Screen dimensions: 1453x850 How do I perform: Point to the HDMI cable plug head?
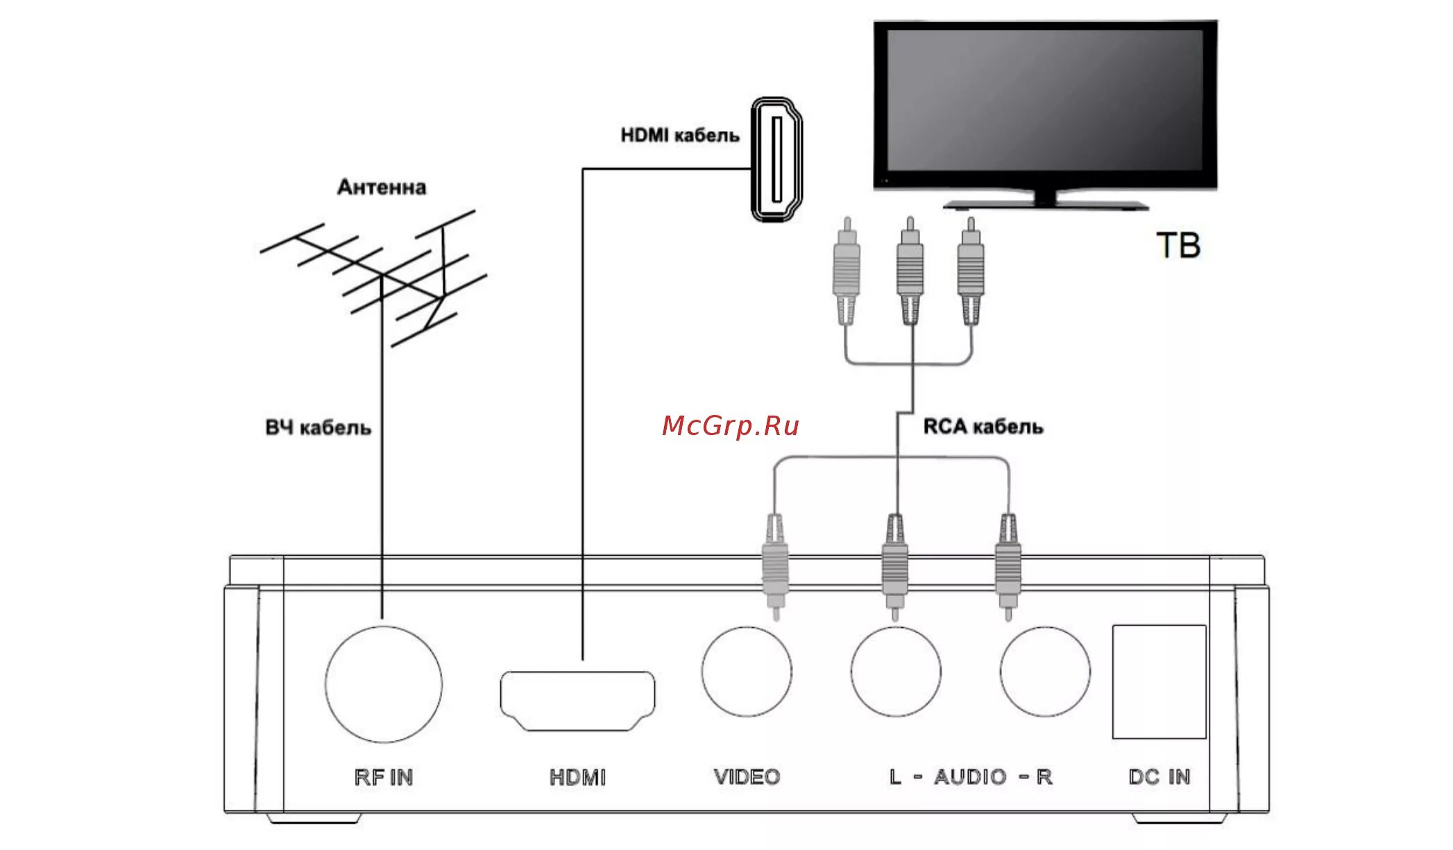[x=777, y=160]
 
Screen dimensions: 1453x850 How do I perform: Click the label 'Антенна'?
[x=382, y=187]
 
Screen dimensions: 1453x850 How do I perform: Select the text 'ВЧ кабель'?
[x=318, y=427]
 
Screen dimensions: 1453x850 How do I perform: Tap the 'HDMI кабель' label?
[x=680, y=135]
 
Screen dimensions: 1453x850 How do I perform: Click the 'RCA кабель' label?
[x=983, y=426]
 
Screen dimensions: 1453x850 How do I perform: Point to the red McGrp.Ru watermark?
[x=731, y=425]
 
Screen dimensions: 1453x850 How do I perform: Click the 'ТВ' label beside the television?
[x=1178, y=246]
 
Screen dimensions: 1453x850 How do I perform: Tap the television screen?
[x=1045, y=101]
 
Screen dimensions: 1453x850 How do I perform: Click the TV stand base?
[x=1046, y=205]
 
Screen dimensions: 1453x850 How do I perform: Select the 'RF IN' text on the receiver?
[x=384, y=776]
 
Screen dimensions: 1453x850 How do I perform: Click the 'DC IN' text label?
[x=1159, y=776]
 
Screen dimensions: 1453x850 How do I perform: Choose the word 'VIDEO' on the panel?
[x=747, y=776]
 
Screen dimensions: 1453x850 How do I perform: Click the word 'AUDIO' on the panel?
[x=970, y=776]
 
